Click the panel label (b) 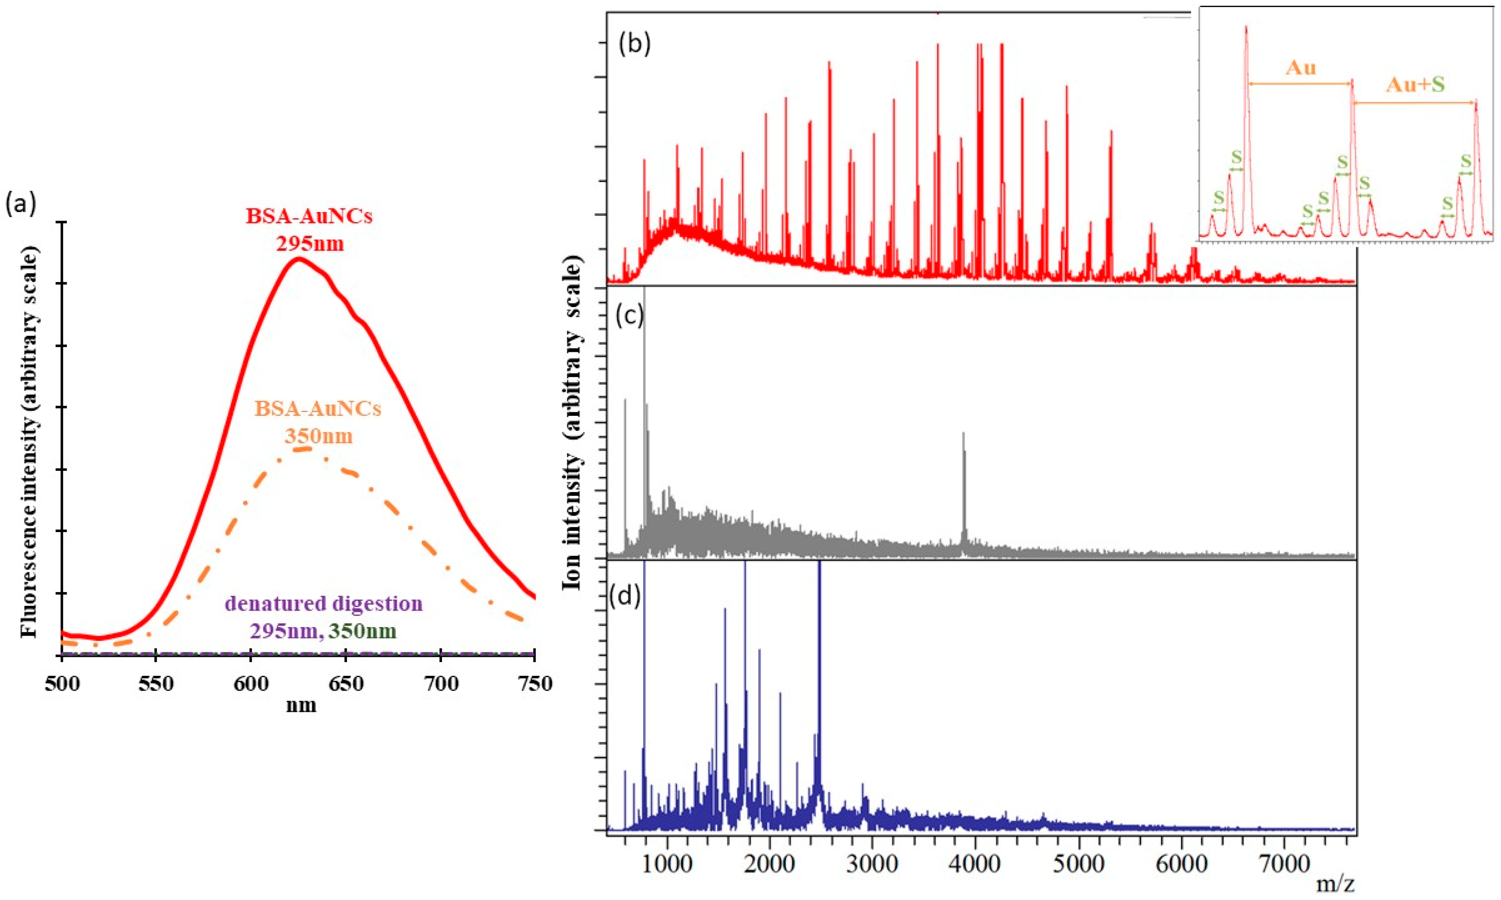click(x=634, y=44)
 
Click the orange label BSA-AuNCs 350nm click(x=318, y=422)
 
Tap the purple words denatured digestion click(x=323, y=604)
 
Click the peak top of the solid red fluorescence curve click(x=298, y=259)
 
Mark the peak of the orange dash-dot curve click(x=306, y=449)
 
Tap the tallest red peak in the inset click(x=1246, y=27)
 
